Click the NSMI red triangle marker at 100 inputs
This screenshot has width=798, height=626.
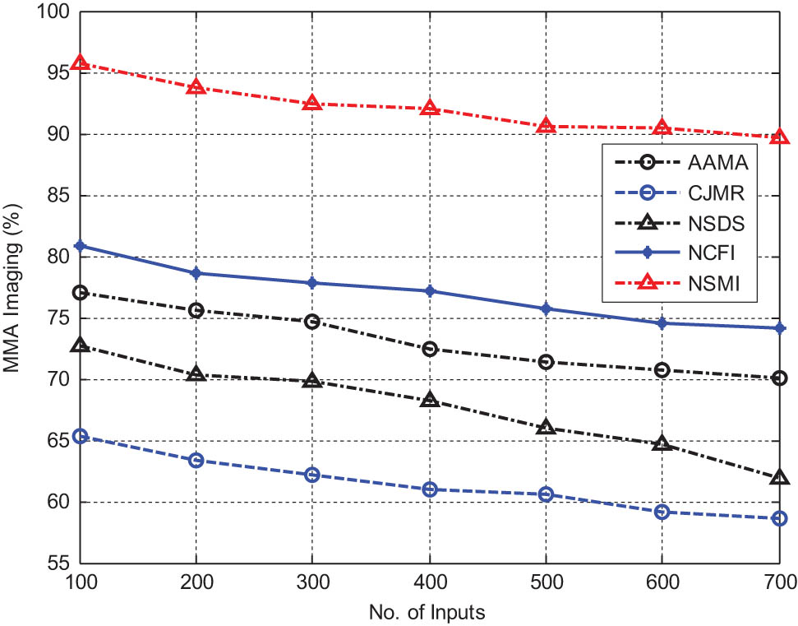(x=80, y=63)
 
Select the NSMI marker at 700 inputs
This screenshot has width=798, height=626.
(x=779, y=137)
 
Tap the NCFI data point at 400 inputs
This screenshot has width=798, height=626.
(x=429, y=291)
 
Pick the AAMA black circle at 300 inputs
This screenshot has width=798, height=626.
(x=312, y=322)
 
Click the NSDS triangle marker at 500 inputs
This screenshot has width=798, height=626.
(x=546, y=428)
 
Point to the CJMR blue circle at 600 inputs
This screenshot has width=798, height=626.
(x=662, y=512)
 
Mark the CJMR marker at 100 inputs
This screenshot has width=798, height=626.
(x=80, y=436)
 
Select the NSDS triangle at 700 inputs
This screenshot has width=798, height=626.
(x=779, y=478)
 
